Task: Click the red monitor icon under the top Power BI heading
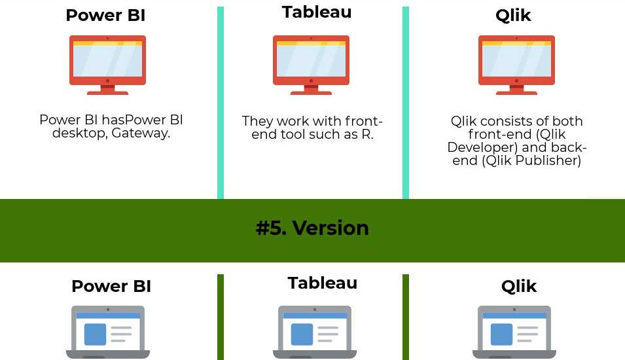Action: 107,65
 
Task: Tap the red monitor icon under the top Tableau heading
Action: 311,65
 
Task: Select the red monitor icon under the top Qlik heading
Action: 516,65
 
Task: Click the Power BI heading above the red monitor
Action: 105,15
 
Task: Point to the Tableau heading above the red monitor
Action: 317,12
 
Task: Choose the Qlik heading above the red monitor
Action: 513,16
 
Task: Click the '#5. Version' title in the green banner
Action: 312,228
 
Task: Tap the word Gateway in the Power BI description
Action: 141,133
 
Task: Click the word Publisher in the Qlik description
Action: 548,160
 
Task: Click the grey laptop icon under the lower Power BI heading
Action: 108,332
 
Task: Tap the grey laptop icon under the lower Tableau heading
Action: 315,332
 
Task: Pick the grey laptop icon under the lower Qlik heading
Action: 514,332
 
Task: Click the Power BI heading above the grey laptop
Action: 111,286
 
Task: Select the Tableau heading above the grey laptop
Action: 323,283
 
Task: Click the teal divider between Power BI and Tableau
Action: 221,103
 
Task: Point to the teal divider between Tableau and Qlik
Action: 406,103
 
